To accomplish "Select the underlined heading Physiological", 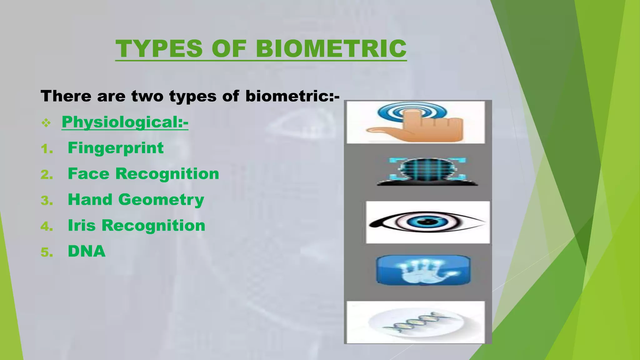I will [125, 122].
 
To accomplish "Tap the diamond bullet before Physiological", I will [46, 123].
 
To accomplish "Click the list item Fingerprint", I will [116, 148].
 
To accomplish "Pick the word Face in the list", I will [88, 174].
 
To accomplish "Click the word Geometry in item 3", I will [161, 200].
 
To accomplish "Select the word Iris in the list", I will [81, 225].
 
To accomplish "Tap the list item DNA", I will [87, 251].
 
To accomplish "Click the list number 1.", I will [47, 149].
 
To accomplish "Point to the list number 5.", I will [47, 252].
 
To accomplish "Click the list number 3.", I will [47, 201].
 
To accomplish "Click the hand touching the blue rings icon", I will [415, 122].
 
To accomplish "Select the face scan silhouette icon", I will [427, 172].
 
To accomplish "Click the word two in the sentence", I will [147, 96].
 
